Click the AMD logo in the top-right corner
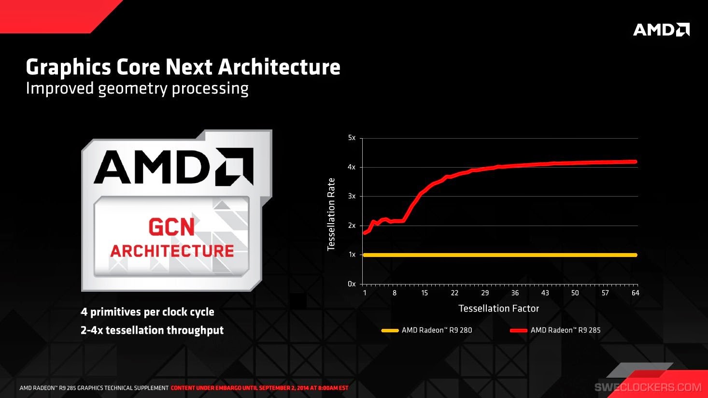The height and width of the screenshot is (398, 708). tap(661, 29)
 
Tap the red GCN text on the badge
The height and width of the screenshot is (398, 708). tap(171, 227)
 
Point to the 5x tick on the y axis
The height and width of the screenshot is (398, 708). tap(352, 138)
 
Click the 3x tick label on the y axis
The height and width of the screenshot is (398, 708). tap(352, 196)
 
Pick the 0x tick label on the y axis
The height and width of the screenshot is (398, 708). tap(352, 284)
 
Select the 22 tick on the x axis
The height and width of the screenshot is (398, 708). tap(454, 293)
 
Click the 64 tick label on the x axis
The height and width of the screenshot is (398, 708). tap(635, 293)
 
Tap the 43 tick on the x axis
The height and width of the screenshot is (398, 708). tap(545, 293)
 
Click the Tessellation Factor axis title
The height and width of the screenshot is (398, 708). tap(498, 308)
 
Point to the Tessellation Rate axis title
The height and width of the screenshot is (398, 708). tap(331, 214)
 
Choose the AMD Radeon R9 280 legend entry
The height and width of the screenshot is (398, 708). tap(427, 330)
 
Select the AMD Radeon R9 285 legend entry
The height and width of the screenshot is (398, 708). tap(555, 330)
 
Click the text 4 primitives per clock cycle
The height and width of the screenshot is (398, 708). tap(147, 312)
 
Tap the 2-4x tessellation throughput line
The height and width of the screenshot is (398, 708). tap(152, 330)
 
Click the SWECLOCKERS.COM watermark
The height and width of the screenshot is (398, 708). tap(648, 387)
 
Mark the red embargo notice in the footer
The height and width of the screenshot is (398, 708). tap(259, 388)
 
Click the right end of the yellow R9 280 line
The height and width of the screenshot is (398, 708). tap(635, 255)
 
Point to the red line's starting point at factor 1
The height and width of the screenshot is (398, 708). tap(364, 233)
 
